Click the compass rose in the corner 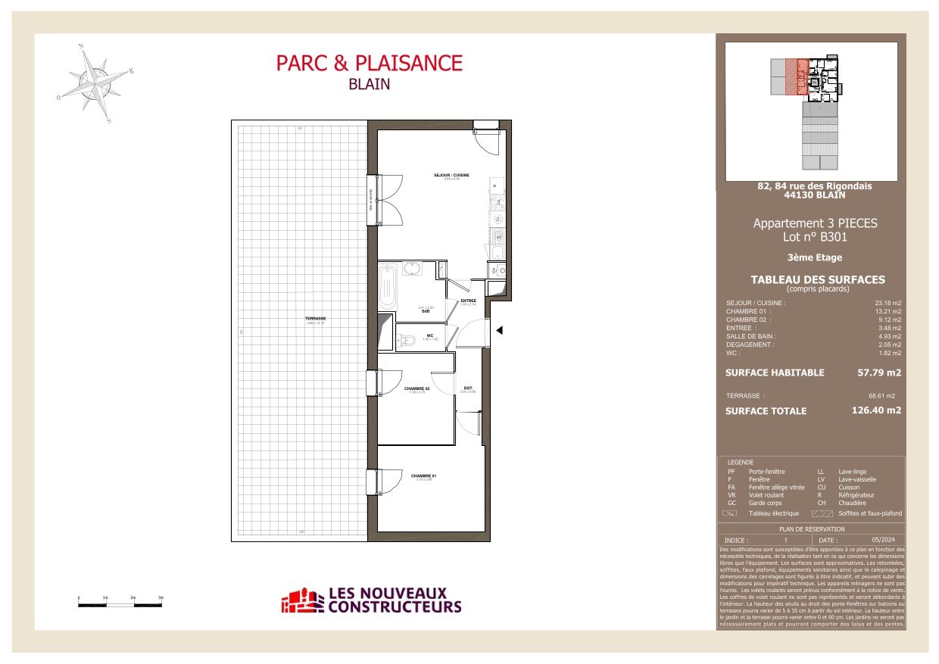click(x=95, y=82)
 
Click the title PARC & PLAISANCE click(x=369, y=63)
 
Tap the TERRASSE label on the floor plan click(x=315, y=319)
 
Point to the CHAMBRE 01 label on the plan click(x=424, y=476)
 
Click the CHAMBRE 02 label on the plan click(x=416, y=388)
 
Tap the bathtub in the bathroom click(x=387, y=285)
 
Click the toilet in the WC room click(x=409, y=340)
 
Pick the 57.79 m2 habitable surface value click(x=878, y=373)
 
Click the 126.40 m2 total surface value click(x=876, y=410)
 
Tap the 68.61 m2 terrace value click(x=881, y=395)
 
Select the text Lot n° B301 click(x=814, y=237)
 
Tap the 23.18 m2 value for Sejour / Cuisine click(x=888, y=303)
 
